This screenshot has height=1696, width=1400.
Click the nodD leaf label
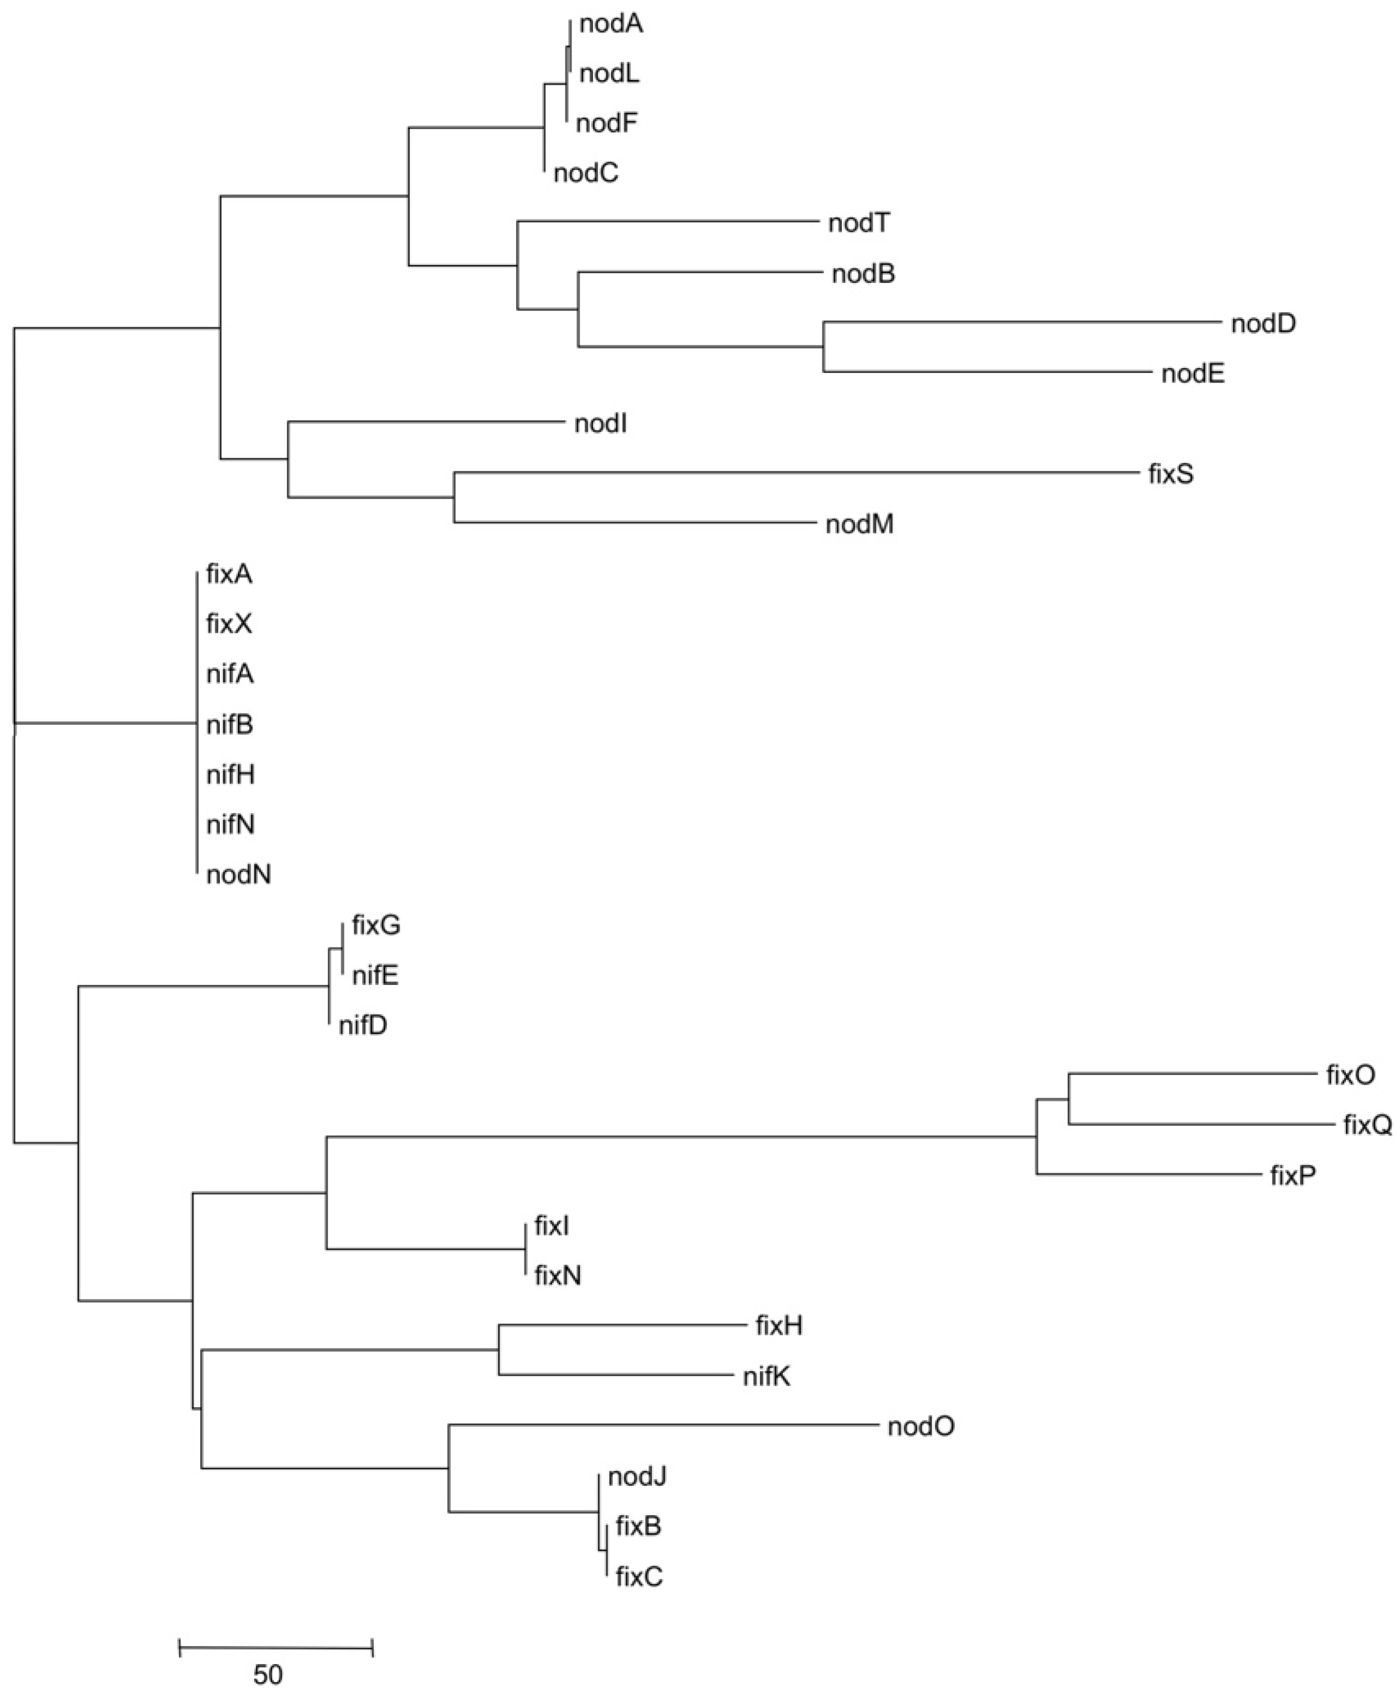[x=1263, y=324]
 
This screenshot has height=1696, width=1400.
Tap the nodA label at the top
[x=610, y=24]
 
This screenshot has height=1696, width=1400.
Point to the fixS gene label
[x=1170, y=474]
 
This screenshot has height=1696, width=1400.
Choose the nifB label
[x=230, y=725]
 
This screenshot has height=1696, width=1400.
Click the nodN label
[x=238, y=874]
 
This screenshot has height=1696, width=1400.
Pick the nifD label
[x=363, y=1025]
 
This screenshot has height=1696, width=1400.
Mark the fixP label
[x=1292, y=1175]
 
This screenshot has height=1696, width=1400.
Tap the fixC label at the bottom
[x=639, y=1576]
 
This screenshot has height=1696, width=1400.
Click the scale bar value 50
[x=268, y=1675]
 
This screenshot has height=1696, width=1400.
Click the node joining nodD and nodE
[x=823, y=347]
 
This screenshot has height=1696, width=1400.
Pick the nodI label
[x=600, y=423]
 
